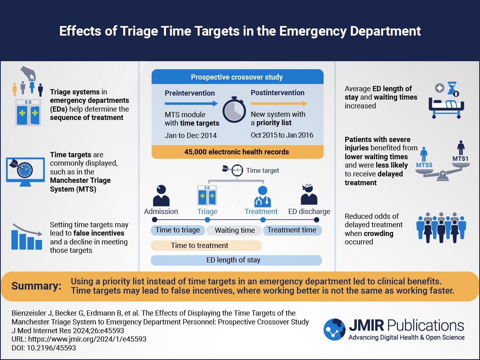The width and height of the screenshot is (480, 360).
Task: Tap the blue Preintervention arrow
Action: point(191,104)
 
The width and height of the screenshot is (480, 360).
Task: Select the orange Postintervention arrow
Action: point(279,104)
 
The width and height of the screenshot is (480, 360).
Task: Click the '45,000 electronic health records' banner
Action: point(237,152)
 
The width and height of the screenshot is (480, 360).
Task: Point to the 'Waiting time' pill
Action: point(234,230)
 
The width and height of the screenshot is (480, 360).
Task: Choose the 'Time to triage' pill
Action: point(178,230)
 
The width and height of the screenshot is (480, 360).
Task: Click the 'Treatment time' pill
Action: point(292,230)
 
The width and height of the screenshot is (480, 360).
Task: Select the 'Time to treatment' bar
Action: point(206,246)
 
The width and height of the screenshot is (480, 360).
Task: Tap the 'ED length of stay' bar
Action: point(236,260)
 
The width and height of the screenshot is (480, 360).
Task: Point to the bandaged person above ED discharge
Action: point(309,195)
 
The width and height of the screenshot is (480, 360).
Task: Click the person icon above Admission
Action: point(161,195)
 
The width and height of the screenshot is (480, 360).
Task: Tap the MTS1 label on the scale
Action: point(460,159)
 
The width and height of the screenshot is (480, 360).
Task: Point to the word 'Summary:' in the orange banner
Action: point(36,286)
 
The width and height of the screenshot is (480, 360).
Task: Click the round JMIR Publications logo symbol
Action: point(334,329)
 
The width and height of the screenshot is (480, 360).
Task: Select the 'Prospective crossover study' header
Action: point(237,77)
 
